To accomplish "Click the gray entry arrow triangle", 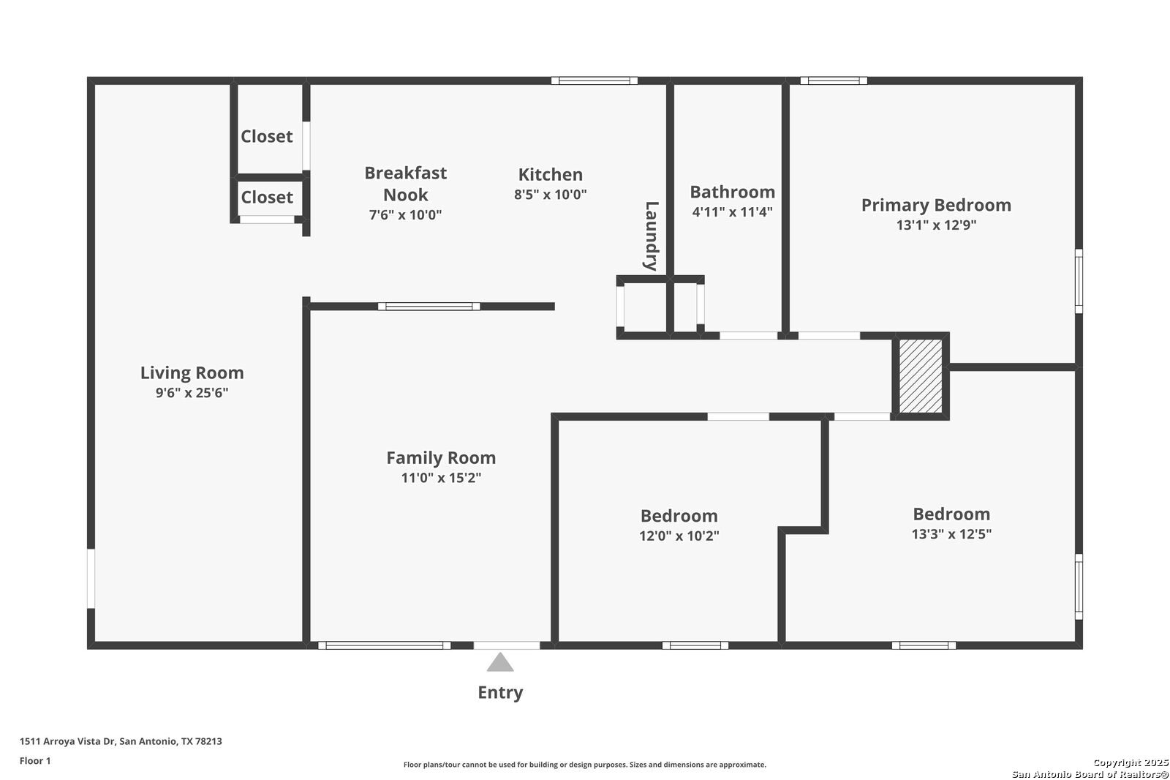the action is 500,662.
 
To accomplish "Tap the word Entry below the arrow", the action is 500,692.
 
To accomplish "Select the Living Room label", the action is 192,372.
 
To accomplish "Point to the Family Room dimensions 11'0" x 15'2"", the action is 441,477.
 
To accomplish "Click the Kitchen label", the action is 551,174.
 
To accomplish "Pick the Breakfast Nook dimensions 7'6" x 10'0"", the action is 405,214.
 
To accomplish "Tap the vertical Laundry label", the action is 652,236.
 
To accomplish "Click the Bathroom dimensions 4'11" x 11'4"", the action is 732,211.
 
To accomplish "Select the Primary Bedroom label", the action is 936,205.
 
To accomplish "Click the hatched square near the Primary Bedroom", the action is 921,376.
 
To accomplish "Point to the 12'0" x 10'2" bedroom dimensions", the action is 679,536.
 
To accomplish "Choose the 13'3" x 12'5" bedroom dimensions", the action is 951,533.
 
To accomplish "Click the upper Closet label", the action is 266,136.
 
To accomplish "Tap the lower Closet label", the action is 266,197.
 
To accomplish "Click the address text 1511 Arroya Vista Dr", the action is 67,741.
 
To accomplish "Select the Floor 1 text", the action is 35,761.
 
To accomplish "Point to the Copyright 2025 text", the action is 1130,762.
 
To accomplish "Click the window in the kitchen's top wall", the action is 595,80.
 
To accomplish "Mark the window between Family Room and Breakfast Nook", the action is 429,307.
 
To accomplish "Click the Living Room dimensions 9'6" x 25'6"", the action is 192,393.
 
